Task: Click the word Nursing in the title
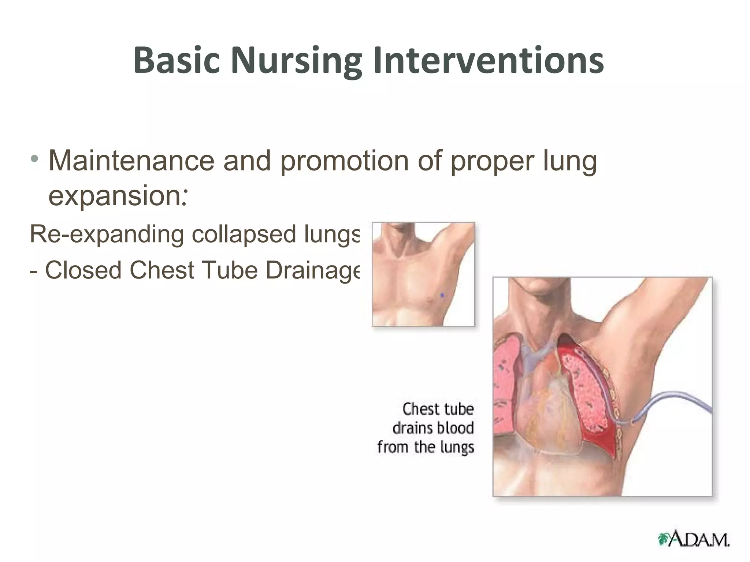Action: (296, 60)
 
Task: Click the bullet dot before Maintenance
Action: (34, 159)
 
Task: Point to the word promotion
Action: (344, 161)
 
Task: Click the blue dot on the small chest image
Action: (442, 295)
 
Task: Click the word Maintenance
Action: (131, 161)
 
